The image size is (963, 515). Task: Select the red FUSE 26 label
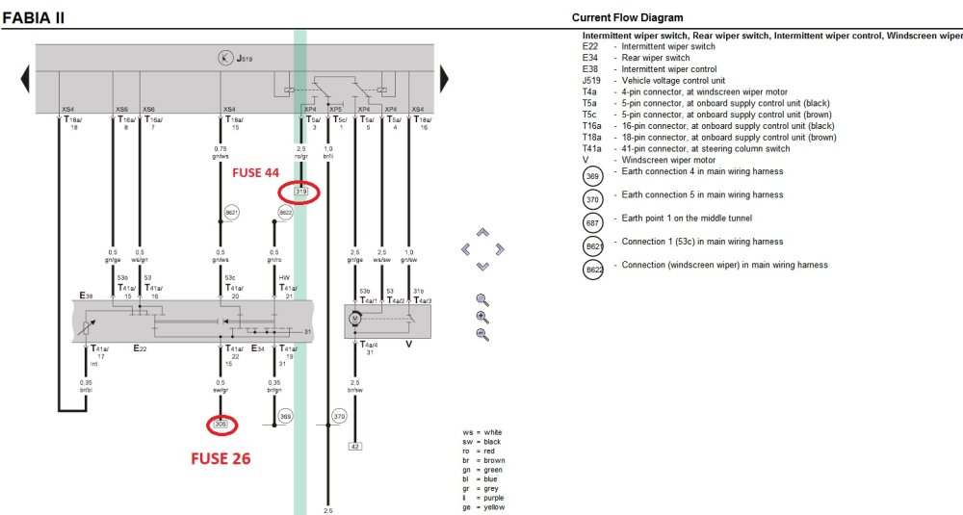221,458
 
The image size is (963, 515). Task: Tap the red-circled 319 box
301,193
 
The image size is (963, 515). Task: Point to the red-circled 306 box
221,424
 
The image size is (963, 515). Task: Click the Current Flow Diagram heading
627,17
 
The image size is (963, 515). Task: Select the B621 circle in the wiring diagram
231,212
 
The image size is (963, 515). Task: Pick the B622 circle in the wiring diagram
285,212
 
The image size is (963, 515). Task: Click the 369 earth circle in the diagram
285,417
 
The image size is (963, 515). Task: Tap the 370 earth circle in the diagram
339,417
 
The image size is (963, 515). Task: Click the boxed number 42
355,446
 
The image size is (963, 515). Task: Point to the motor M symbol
355,317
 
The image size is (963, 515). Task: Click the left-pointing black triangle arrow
22,78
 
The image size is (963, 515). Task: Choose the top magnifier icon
481,299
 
